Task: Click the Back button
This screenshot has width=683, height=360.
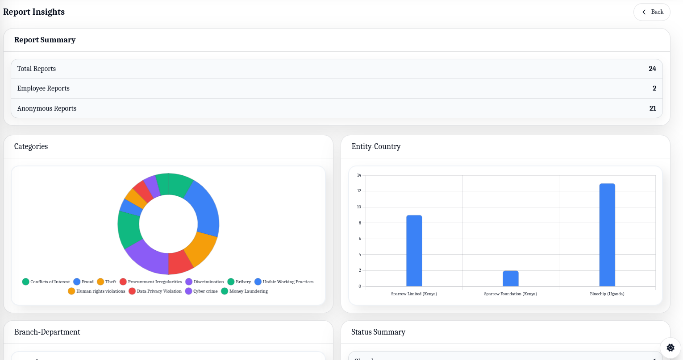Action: click(x=652, y=12)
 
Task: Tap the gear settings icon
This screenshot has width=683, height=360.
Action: click(x=670, y=348)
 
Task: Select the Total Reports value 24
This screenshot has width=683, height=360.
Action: click(x=652, y=69)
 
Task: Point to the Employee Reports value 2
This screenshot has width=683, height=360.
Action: click(x=654, y=88)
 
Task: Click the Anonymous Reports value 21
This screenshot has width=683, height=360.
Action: click(x=652, y=108)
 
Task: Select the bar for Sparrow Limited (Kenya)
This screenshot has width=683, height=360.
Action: click(x=414, y=251)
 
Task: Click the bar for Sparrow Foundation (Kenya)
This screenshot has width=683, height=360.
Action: click(x=511, y=278)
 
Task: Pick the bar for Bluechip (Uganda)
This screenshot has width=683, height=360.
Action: click(x=607, y=235)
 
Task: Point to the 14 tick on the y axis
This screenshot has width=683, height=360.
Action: click(x=359, y=175)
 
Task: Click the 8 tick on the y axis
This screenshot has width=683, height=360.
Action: click(x=359, y=223)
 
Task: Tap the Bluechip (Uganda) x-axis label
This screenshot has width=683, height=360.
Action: click(x=607, y=294)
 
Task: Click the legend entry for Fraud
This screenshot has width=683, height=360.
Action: click(x=83, y=282)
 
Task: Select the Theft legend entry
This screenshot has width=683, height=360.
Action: click(x=107, y=282)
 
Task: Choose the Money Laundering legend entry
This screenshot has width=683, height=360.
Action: click(x=245, y=291)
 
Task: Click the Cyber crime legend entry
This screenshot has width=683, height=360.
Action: click(x=202, y=291)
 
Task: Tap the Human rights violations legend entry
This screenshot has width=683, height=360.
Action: click(x=97, y=291)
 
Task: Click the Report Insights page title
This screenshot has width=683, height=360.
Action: click(x=34, y=12)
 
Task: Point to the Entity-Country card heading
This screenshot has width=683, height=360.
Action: click(x=376, y=146)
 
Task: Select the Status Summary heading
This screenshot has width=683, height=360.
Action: click(x=378, y=332)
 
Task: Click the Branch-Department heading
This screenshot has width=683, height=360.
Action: click(x=47, y=332)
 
